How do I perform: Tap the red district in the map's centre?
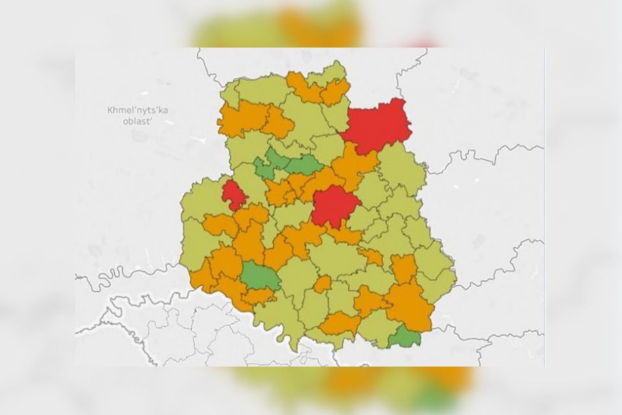(334, 206)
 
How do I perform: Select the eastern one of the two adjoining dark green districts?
(302, 164)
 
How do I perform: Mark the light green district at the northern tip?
(331, 73)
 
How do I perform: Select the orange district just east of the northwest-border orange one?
(279, 122)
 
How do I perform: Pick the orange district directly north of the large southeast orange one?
(404, 268)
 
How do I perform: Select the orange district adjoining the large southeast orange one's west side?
(369, 300)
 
